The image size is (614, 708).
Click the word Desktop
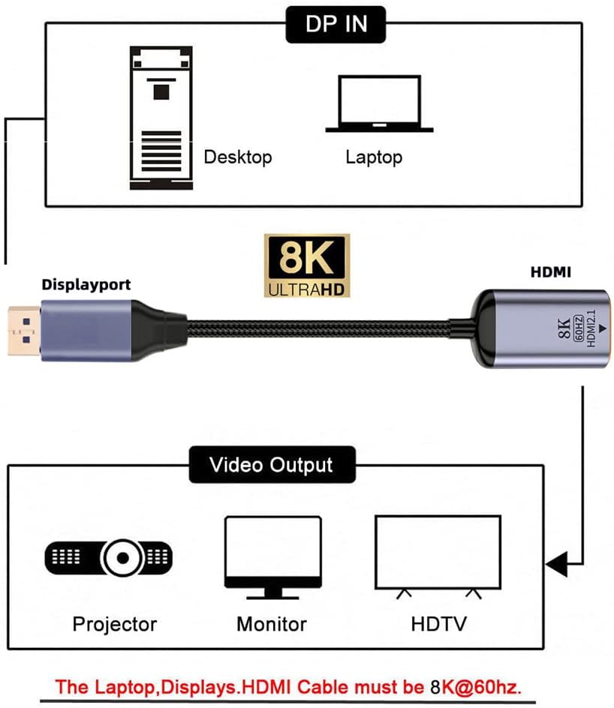pyautogui.click(x=237, y=157)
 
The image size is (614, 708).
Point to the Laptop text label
pyautogui.click(x=373, y=157)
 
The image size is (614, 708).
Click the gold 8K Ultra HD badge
pyautogui.click(x=307, y=265)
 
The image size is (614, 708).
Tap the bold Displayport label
pyautogui.click(x=86, y=285)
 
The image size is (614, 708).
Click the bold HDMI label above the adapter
pyautogui.click(x=550, y=272)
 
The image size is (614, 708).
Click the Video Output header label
pyautogui.click(x=271, y=464)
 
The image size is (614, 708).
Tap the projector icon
pyautogui.click(x=110, y=557)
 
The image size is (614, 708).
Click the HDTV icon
pyautogui.click(x=437, y=556)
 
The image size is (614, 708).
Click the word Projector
pyautogui.click(x=115, y=624)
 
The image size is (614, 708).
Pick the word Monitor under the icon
pyautogui.click(x=271, y=624)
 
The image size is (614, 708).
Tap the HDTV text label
pyautogui.click(x=438, y=624)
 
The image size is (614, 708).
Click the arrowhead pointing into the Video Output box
pyautogui.click(x=555, y=562)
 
